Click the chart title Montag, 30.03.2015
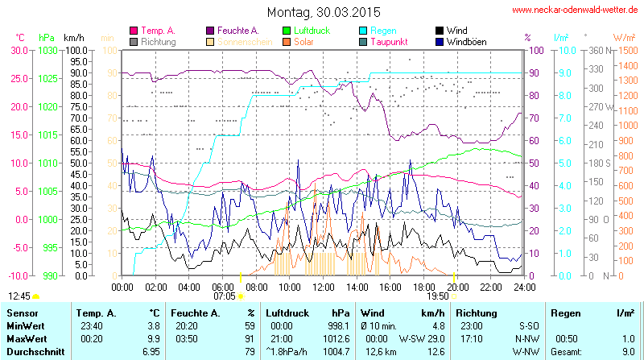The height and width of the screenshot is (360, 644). (323, 12)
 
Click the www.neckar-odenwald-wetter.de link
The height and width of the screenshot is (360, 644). (576, 10)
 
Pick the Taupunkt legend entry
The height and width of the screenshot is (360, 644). (392, 41)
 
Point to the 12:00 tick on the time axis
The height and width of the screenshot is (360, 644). (323, 286)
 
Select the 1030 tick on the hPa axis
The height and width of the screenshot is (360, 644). (47, 50)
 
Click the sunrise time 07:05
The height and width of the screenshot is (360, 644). (224, 296)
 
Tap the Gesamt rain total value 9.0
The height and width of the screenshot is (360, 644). (628, 351)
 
